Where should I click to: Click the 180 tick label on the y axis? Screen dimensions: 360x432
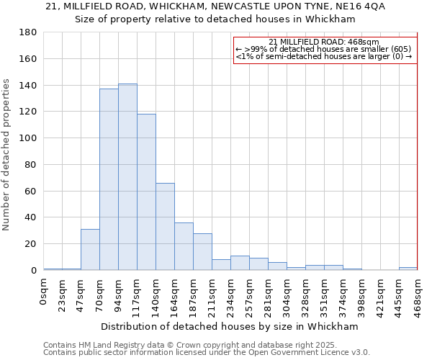pyautogui.click(x=28, y=32)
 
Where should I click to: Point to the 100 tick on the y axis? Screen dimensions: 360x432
pyautogui.click(x=28, y=138)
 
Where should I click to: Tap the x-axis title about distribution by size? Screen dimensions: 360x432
pyautogui.click(x=230, y=326)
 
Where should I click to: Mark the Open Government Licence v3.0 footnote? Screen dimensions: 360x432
pyautogui.click(x=207, y=353)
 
